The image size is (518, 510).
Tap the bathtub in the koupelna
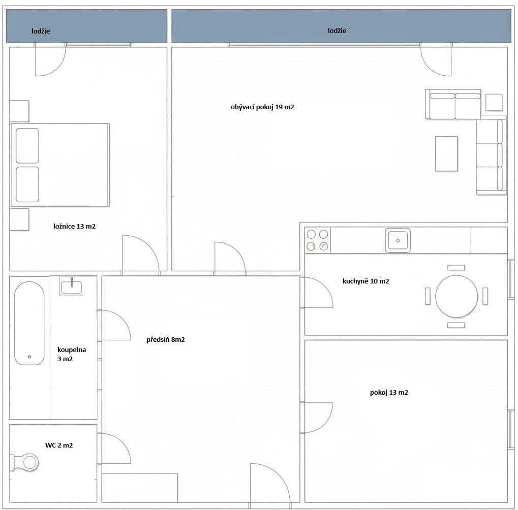pyautogui.click(x=29, y=323)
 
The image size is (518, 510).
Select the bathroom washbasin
pyautogui.click(x=72, y=287)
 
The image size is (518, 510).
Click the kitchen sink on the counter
pyautogui.click(x=398, y=240)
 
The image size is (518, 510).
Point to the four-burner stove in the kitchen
pyautogui.click(x=317, y=240)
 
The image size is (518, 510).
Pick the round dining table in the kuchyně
pyautogui.click(x=456, y=297)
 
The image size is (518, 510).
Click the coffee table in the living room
pyautogui.click(x=446, y=153)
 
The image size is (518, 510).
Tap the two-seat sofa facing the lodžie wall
pyautogui.click(x=453, y=105)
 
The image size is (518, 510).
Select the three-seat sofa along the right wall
pyautogui.click(x=491, y=155)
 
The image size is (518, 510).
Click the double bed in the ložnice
pyautogui.click(x=60, y=165)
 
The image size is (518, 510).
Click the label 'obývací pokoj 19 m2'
pyautogui.click(x=262, y=107)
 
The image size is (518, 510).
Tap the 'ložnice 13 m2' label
pyautogui.click(x=74, y=227)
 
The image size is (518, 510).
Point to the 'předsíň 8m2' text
pyautogui.click(x=165, y=340)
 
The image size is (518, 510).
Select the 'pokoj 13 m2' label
pyautogui.click(x=389, y=393)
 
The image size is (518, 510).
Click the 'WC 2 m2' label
pyautogui.click(x=58, y=445)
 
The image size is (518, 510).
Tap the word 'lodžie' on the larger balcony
pyautogui.click(x=337, y=30)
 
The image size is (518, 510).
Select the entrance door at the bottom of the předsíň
pyautogui.click(x=269, y=485)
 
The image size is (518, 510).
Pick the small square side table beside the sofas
pyautogui.click(x=494, y=102)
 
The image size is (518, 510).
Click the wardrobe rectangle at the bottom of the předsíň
pyautogui.click(x=140, y=487)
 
